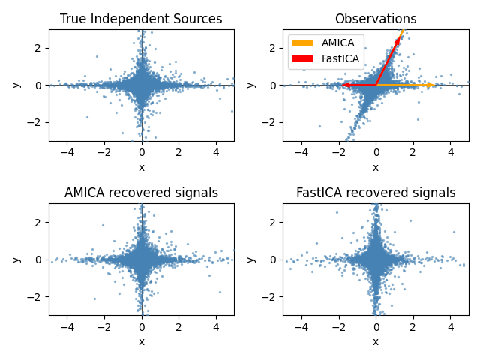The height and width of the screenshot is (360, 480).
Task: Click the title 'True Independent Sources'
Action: point(141,19)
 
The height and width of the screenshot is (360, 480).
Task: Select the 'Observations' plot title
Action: point(376,19)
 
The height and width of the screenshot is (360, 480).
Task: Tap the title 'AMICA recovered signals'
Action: point(141,193)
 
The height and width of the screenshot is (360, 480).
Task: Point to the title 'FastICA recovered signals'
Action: point(376,193)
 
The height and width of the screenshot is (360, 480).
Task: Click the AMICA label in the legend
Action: point(338,43)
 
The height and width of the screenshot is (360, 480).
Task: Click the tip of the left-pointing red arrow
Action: point(343,85)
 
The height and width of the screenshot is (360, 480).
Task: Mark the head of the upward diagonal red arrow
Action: point(399,37)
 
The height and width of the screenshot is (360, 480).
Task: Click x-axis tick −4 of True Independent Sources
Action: point(67,152)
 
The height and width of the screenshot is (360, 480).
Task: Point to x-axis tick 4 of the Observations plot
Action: point(450,152)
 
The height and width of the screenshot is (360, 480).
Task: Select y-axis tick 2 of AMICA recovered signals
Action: point(34,222)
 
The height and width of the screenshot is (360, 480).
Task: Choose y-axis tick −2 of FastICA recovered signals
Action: point(267,296)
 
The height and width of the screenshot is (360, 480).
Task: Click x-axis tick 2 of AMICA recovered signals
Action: point(178,326)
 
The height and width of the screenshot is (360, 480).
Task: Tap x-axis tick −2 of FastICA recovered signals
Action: point(338,326)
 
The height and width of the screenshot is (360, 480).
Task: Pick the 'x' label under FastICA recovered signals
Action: point(376,341)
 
